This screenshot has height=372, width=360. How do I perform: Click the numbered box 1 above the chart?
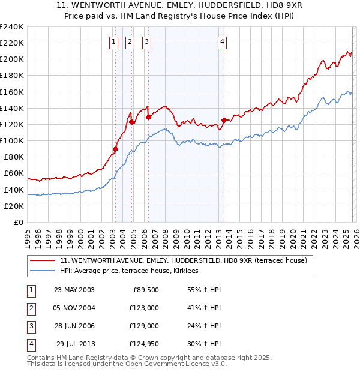(x=113, y=42)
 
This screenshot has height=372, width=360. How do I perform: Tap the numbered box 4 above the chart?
(x=222, y=42)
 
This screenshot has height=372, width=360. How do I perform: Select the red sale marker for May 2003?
(x=115, y=149)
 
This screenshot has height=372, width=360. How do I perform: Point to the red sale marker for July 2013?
(x=224, y=120)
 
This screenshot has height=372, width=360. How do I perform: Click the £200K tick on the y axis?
(x=13, y=59)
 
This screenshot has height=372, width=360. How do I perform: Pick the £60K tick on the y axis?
(x=14, y=173)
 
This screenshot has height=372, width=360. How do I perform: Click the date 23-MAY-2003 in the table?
(x=74, y=290)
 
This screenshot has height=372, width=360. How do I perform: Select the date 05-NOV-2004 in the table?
(x=74, y=308)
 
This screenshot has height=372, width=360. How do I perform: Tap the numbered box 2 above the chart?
(x=130, y=42)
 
